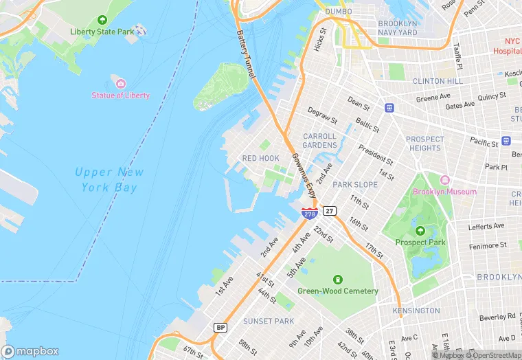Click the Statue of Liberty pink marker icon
point(121,84)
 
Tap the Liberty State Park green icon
point(102,21)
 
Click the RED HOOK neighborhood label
point(260,159)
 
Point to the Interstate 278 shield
point(309,214)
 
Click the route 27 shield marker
point(330,211)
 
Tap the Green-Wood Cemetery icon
point(337,279)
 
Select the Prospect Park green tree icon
point(420,231)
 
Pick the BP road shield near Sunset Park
point(220,327)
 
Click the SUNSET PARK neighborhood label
point(269,322)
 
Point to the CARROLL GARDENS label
point(319,141)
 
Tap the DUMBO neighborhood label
point(338,12)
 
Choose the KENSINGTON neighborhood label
point(416,311)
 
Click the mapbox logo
point(30,350)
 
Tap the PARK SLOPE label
point(355,185)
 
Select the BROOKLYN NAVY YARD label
point(398,27)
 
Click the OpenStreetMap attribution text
point(491,355)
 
